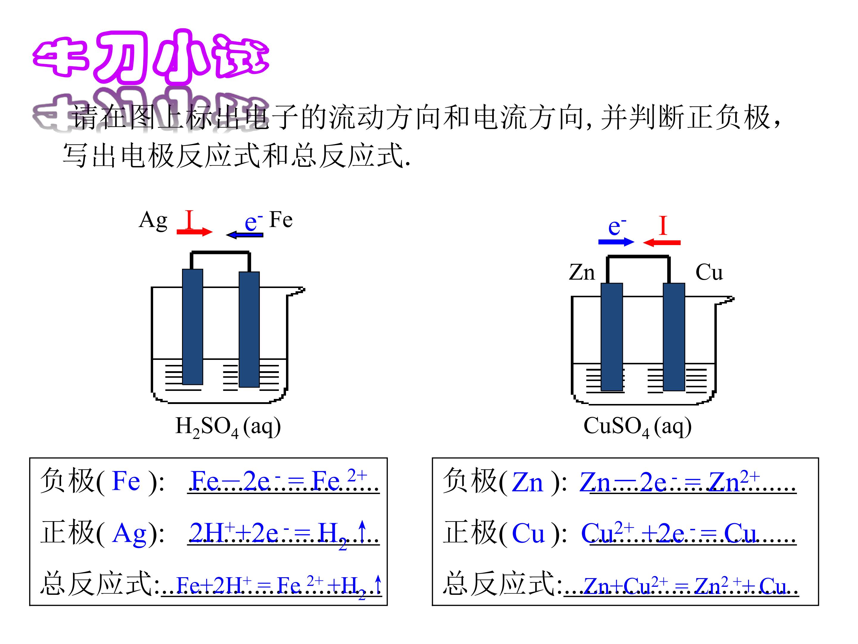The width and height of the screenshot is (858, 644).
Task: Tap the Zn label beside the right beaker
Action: click(x=582, y=272)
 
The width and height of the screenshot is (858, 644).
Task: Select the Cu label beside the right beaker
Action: click(x=709, y=272)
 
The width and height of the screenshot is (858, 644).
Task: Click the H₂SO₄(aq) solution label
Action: click(x=228, y=427)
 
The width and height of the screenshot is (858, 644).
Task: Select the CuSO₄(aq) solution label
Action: click(x=637, y=427)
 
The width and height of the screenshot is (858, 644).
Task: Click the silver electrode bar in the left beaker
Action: click(x=192, y=326)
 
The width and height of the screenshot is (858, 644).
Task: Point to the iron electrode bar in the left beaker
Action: click(x=249, y=329)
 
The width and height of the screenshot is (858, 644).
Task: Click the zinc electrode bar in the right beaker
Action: click(x=612, y=337)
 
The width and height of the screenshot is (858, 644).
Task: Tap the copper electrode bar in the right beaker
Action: click(x=674, y=337)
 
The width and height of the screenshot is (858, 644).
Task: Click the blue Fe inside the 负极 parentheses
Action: click(x=126, y=481)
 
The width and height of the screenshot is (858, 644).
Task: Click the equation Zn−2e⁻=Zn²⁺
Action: click(x=669, y=481)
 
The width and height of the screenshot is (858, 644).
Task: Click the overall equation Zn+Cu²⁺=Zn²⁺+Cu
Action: click(x=685, y=585)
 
